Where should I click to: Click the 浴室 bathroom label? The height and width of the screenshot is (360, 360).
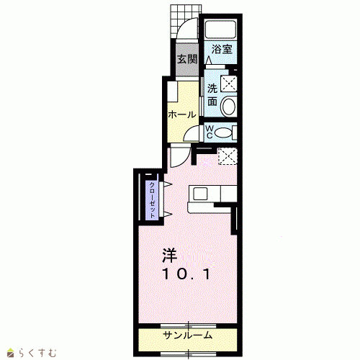point(222,49)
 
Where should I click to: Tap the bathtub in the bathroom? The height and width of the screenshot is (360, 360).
point(220,30)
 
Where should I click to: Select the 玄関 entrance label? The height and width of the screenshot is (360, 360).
point(187,59)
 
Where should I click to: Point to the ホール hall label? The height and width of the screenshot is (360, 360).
point(182,114)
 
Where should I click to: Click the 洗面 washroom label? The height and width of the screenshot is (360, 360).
point(212,95)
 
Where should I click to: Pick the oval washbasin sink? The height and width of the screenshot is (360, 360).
point(229,107)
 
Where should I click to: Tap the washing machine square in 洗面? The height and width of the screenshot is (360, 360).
point(229,84)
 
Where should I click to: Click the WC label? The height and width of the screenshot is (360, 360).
point(210,132)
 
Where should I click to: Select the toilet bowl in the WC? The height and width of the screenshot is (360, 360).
point(223,132)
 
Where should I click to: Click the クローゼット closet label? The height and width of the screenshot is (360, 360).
point(152,200)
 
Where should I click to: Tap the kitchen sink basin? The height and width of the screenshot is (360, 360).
point(200,194)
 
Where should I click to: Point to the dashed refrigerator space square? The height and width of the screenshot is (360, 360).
point(228,156)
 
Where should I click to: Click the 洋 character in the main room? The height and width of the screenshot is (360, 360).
point(170,256)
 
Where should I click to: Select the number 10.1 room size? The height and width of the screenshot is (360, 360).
point(186,274)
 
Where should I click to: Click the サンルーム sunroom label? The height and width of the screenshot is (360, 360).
point(188,335)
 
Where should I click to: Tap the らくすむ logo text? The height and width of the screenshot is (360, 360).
point(37,353)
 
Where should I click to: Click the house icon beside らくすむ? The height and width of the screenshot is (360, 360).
point(11,353)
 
